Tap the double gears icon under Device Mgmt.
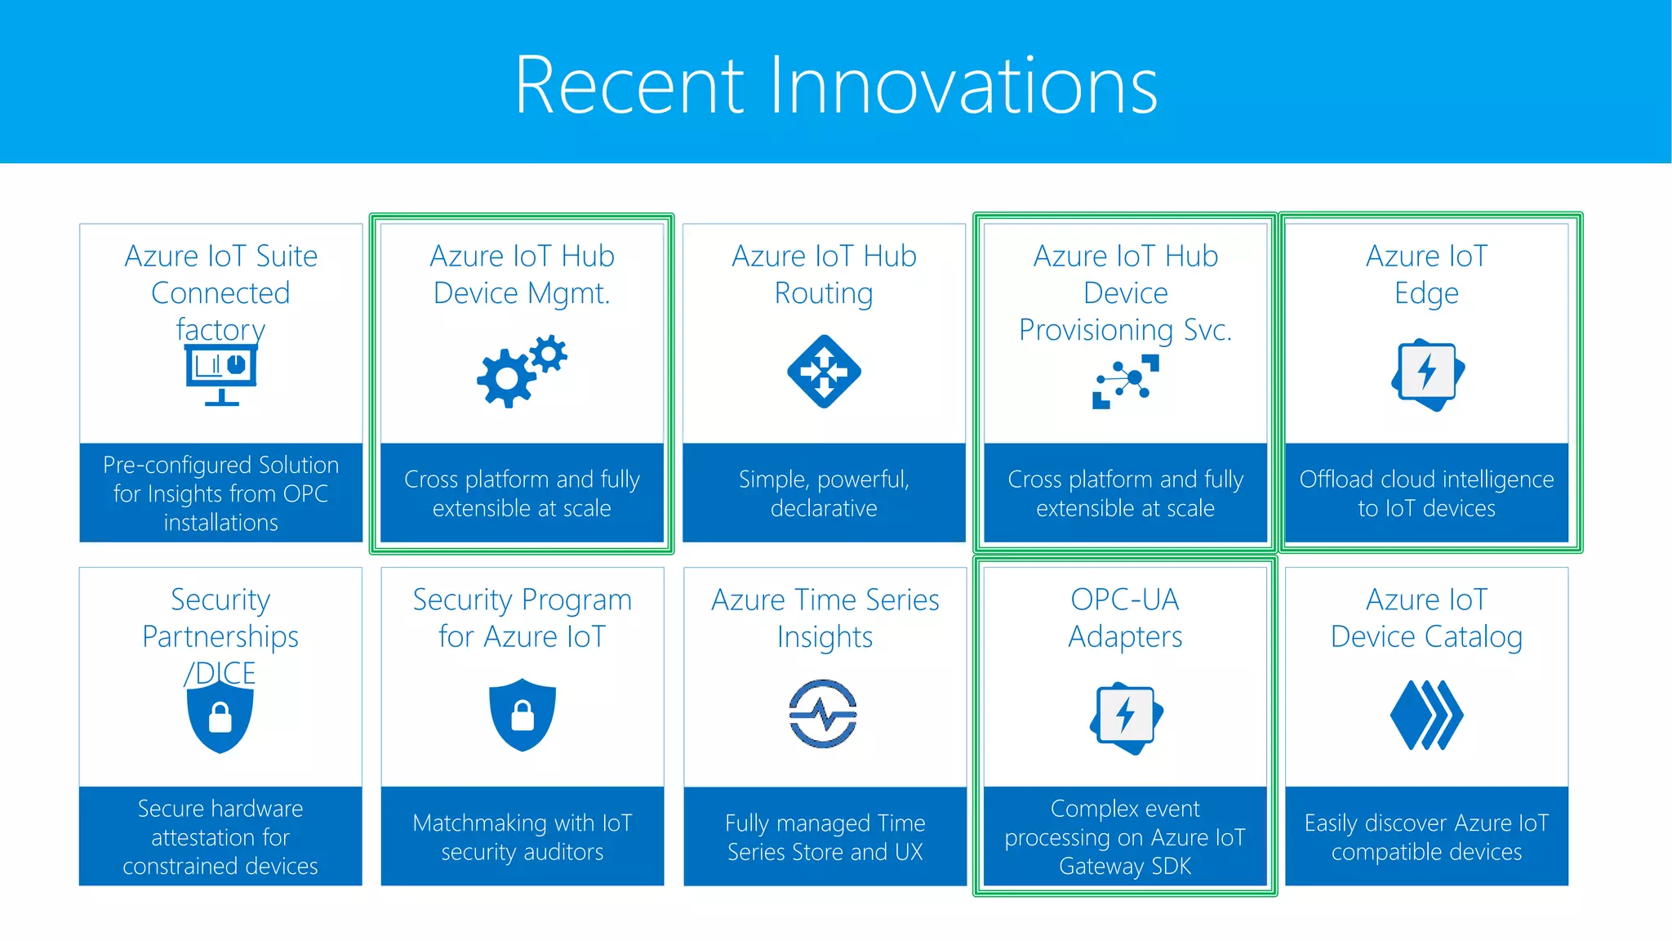click(x=522, y=371)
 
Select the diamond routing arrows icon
click(x=824, y=372)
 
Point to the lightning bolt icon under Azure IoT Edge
click(x=1427, y=374)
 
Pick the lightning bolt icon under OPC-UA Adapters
click(x=1126, y=718)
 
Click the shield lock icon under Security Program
click(x=522, y=715)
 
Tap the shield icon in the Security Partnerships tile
click(x=220, y=716)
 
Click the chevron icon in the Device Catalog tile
click(x=1426, y=715)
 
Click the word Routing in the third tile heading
click(x=824, y=293)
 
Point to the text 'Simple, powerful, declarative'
click(x=824, y=493)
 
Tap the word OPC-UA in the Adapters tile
click(x=1125, y=600)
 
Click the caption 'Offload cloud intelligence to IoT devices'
click(x=1426, y=493)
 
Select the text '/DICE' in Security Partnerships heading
click(x=220, y=674)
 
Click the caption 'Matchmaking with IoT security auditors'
click(x=522, y=837)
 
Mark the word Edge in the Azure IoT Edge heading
click(x=1426, y=293)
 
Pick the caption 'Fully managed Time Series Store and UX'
click(x=825, y=837)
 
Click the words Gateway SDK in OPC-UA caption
click(x=1125, y=867)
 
